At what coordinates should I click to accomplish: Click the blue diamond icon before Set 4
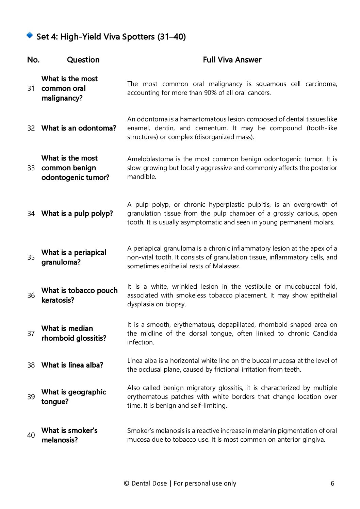(30, 35)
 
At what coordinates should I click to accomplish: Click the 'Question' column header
(83, 60)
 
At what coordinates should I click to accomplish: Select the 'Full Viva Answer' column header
(232, 60)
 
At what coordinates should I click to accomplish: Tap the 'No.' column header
(33, 60)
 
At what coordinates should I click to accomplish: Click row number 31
(31, 89)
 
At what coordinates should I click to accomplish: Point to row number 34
(31, 214)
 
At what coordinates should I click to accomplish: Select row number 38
(31, 365)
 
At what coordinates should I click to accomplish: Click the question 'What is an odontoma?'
(79, 128)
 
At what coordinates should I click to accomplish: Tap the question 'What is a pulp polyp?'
(77, 214)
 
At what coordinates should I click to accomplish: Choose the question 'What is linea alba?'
(72, 365)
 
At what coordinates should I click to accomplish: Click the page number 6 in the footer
(332, 483)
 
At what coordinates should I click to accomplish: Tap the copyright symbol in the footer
(126, 483)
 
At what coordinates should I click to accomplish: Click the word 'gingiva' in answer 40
(314, 440)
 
